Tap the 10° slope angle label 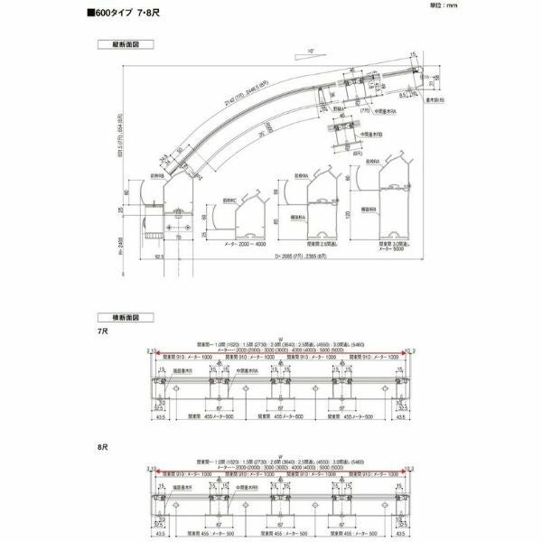pos(311,51)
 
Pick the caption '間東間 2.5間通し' pos(321,243)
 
